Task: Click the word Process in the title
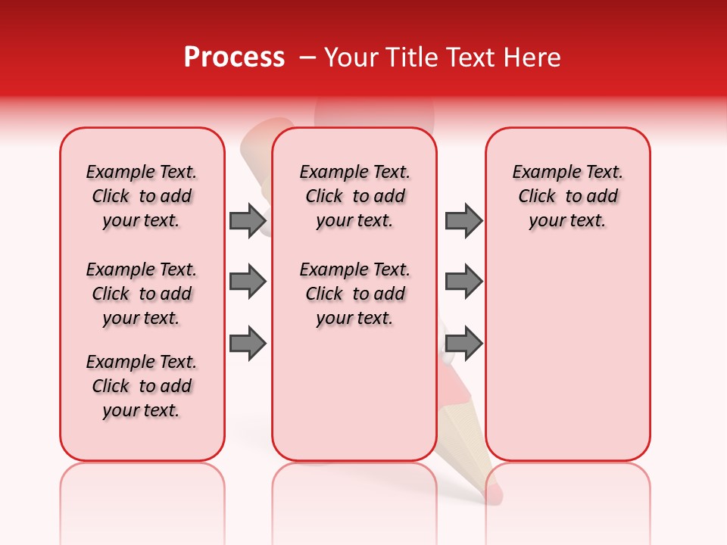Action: coord(234,58)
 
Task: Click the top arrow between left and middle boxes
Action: coord(248,220)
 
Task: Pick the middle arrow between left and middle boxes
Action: coord(248,282)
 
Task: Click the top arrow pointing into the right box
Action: coord(463,220)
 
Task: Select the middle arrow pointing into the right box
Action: coord(463,282)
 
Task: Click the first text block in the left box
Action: coord(142,196)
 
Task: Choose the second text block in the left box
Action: coord(142,294)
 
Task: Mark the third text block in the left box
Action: coord(142,386)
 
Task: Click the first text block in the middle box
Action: coord(354,196)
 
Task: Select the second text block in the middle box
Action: coord(354,294)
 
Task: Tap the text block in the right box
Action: coord(567,196)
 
